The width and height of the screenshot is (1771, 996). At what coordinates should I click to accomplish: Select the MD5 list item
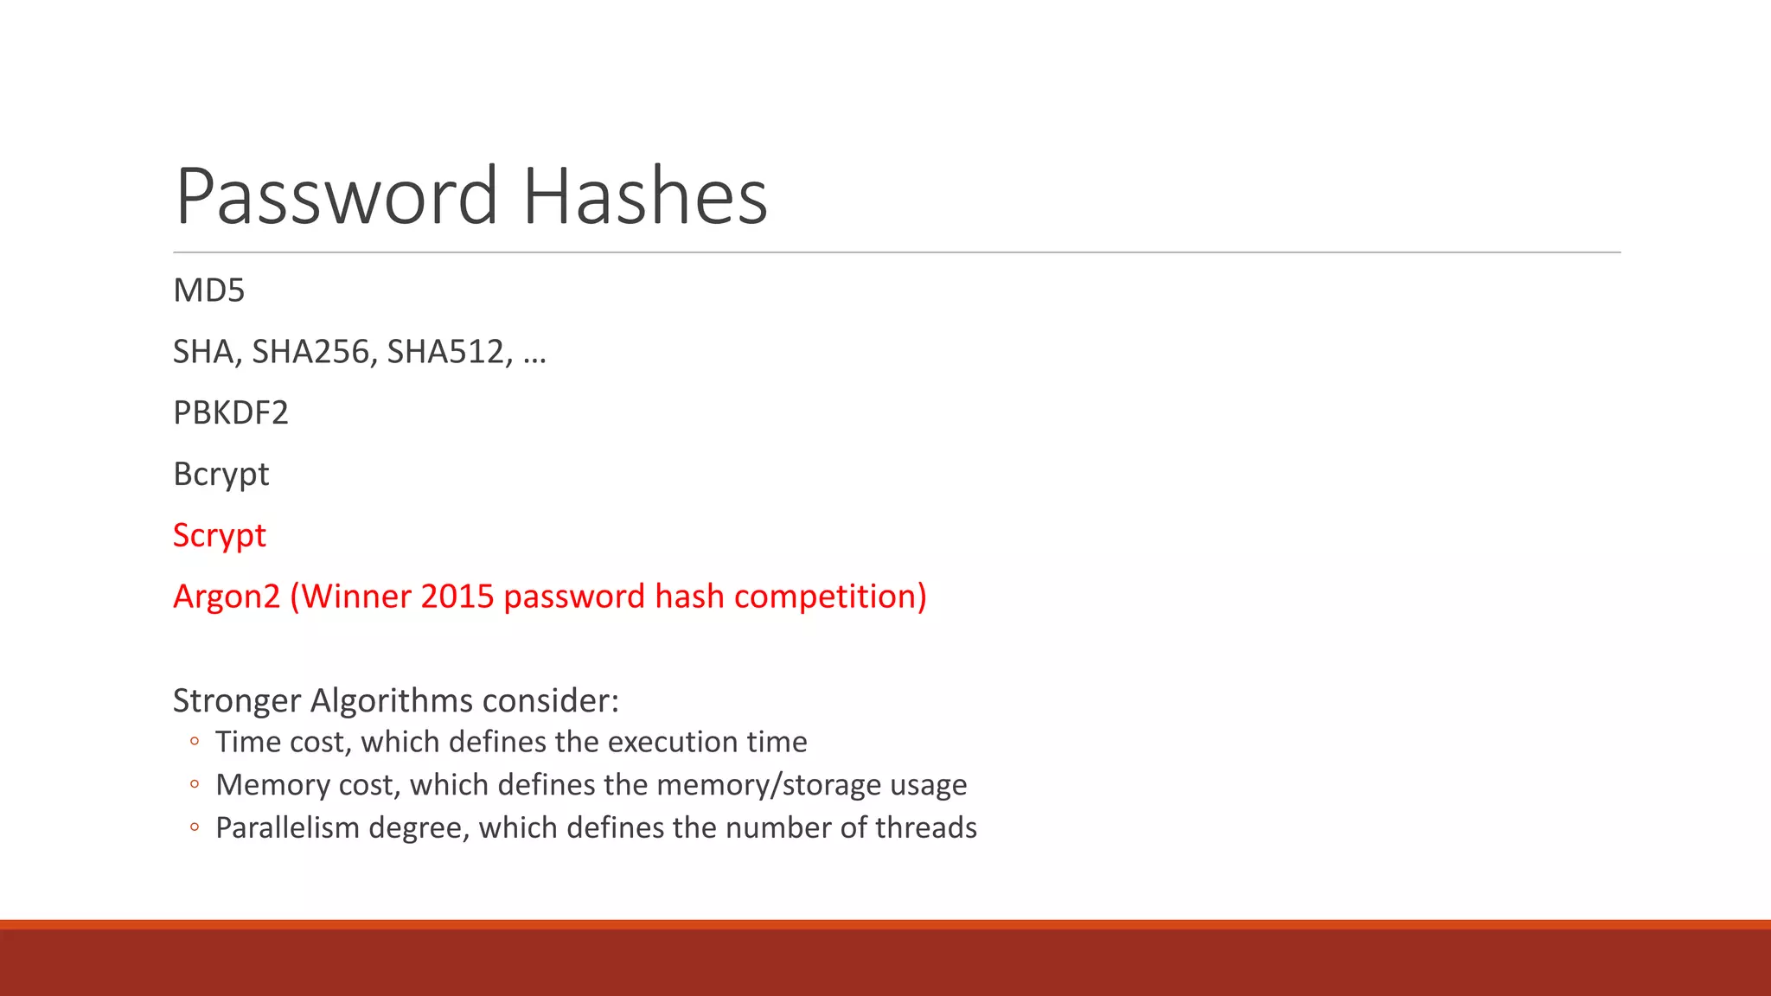click(x=209, y=290)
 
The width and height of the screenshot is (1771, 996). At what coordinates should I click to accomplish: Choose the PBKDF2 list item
click(x=231, y=413)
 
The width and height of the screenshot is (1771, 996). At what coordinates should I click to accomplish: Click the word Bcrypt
click(x=221, y=475)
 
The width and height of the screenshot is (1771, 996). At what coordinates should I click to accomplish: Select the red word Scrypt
click(x=220, y=536)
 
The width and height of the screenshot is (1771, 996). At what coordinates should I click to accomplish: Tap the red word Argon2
click(x=227, y=597)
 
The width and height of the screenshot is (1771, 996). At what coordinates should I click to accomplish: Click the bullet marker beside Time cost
click(x=195, y=742)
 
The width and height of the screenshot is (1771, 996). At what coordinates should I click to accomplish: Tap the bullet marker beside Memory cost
click(x=195, y=785)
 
